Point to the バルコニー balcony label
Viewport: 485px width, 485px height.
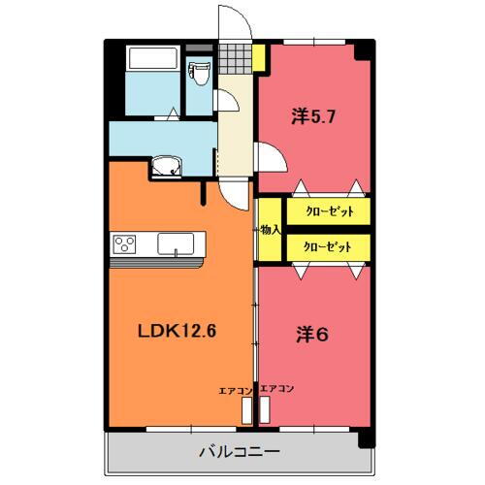click(239, 451)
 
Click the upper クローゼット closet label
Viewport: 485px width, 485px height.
click(328, 210)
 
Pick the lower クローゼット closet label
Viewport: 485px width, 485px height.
click(328, 248)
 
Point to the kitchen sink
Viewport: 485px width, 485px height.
click(176, 243)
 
